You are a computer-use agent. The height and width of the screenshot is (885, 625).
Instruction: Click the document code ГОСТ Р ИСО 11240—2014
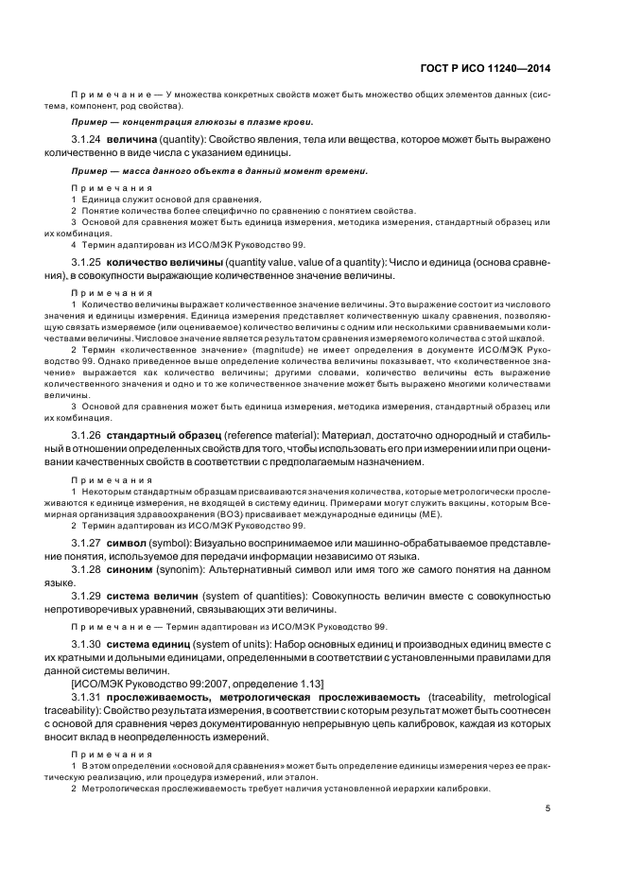[485, 68]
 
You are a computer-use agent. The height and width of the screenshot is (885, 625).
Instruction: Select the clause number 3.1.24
[87, 139]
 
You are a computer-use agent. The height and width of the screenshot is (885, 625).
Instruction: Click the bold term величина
[132, 139]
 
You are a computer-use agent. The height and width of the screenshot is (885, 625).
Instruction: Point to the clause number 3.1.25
[87, 262]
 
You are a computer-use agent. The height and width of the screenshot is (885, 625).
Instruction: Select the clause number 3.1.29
[87, 599]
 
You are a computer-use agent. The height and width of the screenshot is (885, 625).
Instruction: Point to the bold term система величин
[153, 599]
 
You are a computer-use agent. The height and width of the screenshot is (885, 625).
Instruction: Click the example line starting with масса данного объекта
[219, 170]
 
